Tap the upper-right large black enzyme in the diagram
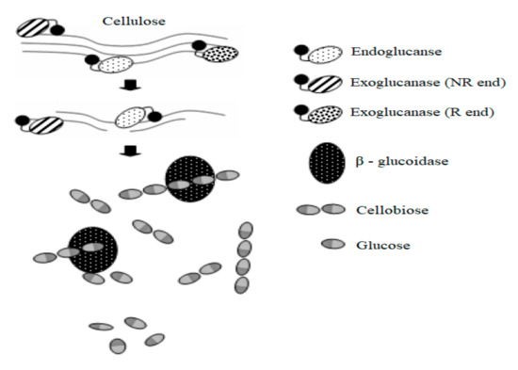point(191,178)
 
